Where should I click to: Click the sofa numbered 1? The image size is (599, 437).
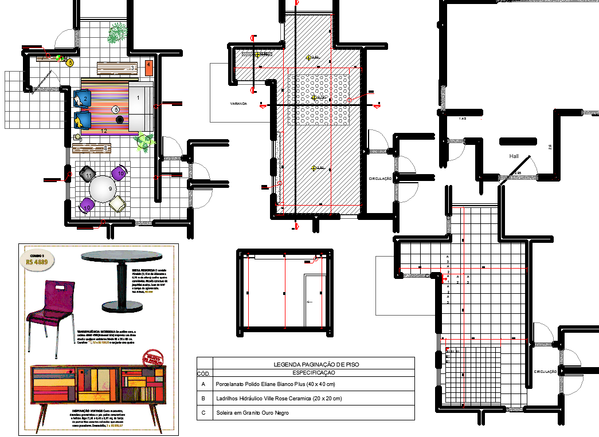(x=140, y=106)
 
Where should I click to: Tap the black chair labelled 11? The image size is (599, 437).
(x=88, y=174)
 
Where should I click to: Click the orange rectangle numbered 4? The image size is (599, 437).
(x=148, y=68)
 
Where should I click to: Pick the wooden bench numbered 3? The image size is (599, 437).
(x=117, y=68)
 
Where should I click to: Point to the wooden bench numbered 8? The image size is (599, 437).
(x=91, y=149)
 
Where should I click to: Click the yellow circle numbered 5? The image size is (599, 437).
(x=71, y=63)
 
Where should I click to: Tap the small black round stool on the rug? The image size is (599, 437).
(x=120, y=119)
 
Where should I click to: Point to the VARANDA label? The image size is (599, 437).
(x=238, y=104)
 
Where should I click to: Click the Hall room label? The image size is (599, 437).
(x=514, y=156)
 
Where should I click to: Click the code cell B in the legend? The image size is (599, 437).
(x=202, y=398)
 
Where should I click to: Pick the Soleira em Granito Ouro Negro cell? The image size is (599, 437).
(x=252, y=413)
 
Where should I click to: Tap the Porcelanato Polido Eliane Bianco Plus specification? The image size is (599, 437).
(x=275, y=384)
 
